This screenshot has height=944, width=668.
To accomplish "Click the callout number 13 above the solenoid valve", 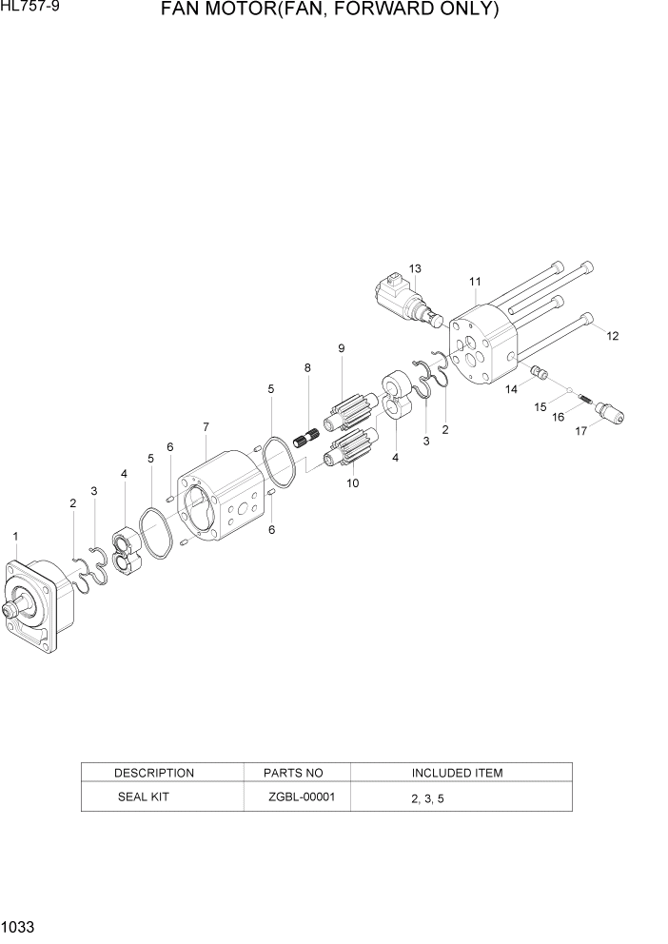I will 415,268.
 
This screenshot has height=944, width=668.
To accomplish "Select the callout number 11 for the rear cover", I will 475,282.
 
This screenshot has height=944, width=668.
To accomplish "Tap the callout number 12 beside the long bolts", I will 613,335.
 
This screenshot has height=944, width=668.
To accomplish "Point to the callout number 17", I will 582,430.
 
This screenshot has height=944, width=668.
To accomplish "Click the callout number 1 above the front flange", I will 15,537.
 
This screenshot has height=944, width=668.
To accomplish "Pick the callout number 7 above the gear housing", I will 206,425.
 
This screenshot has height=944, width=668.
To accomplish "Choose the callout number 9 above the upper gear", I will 341,348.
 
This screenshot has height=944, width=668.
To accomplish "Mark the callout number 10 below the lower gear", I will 352,483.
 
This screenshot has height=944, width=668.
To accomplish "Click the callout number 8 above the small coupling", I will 307,367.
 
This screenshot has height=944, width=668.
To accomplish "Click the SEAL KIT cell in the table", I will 143,796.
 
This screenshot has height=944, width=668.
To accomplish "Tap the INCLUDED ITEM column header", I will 457,773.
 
